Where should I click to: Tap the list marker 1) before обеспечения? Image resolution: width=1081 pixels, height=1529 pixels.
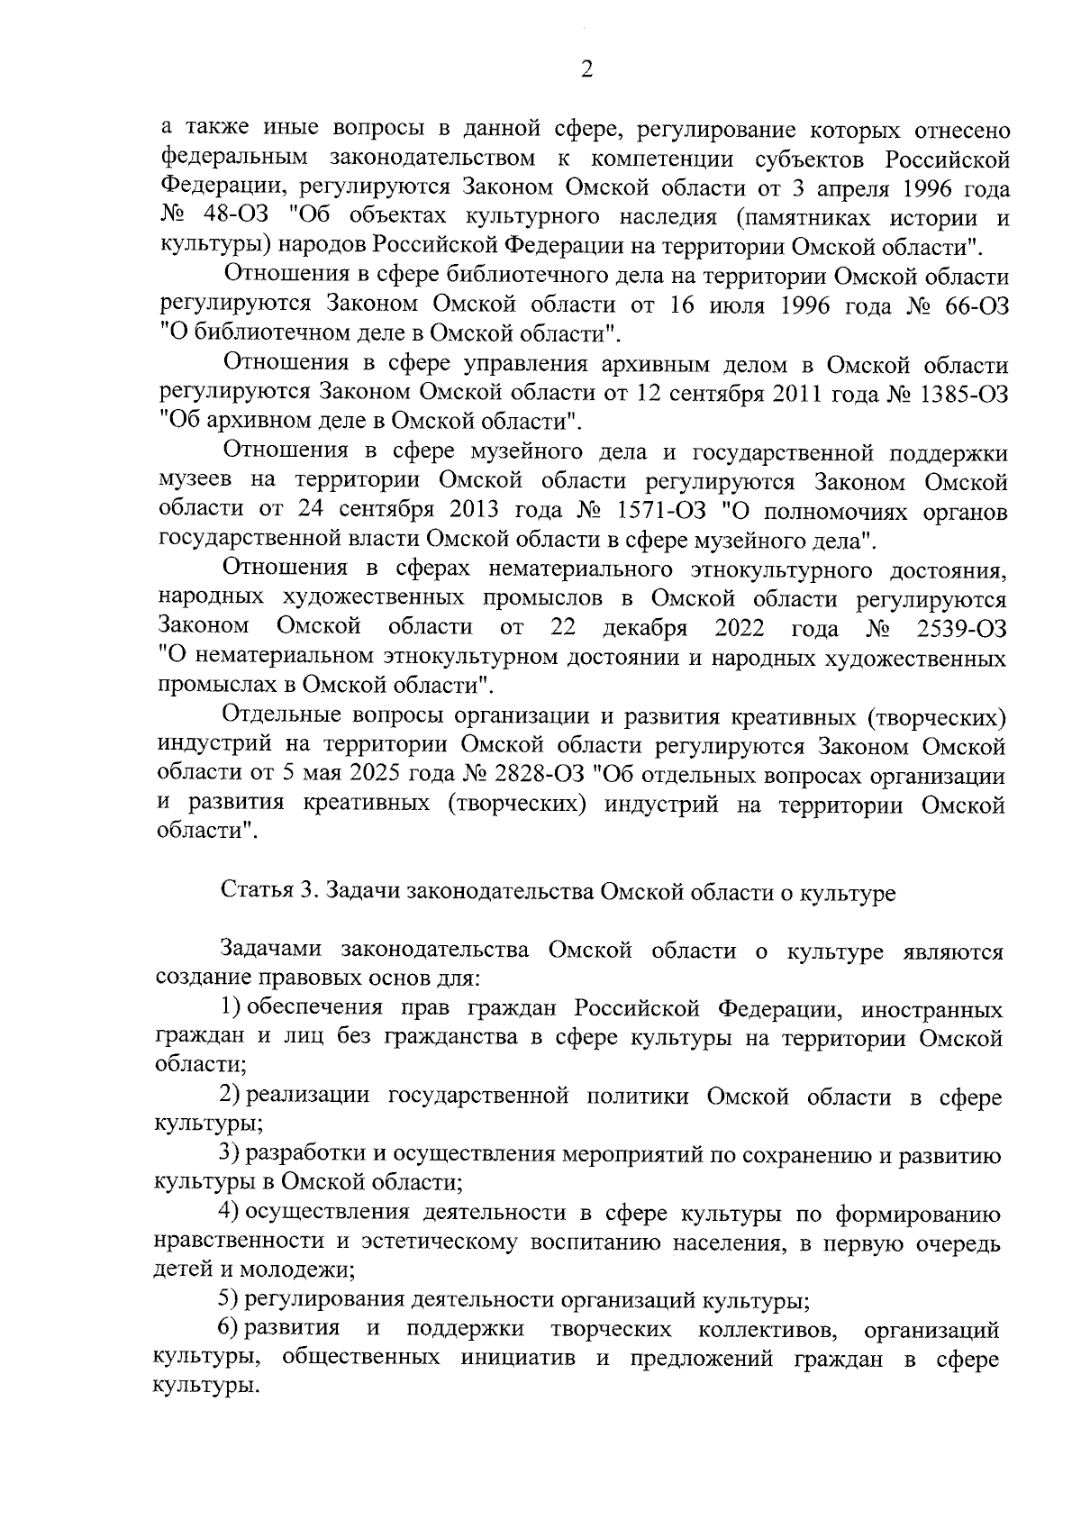coord(232,1006)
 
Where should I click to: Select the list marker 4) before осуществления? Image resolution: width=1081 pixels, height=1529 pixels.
coord(232,1214)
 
